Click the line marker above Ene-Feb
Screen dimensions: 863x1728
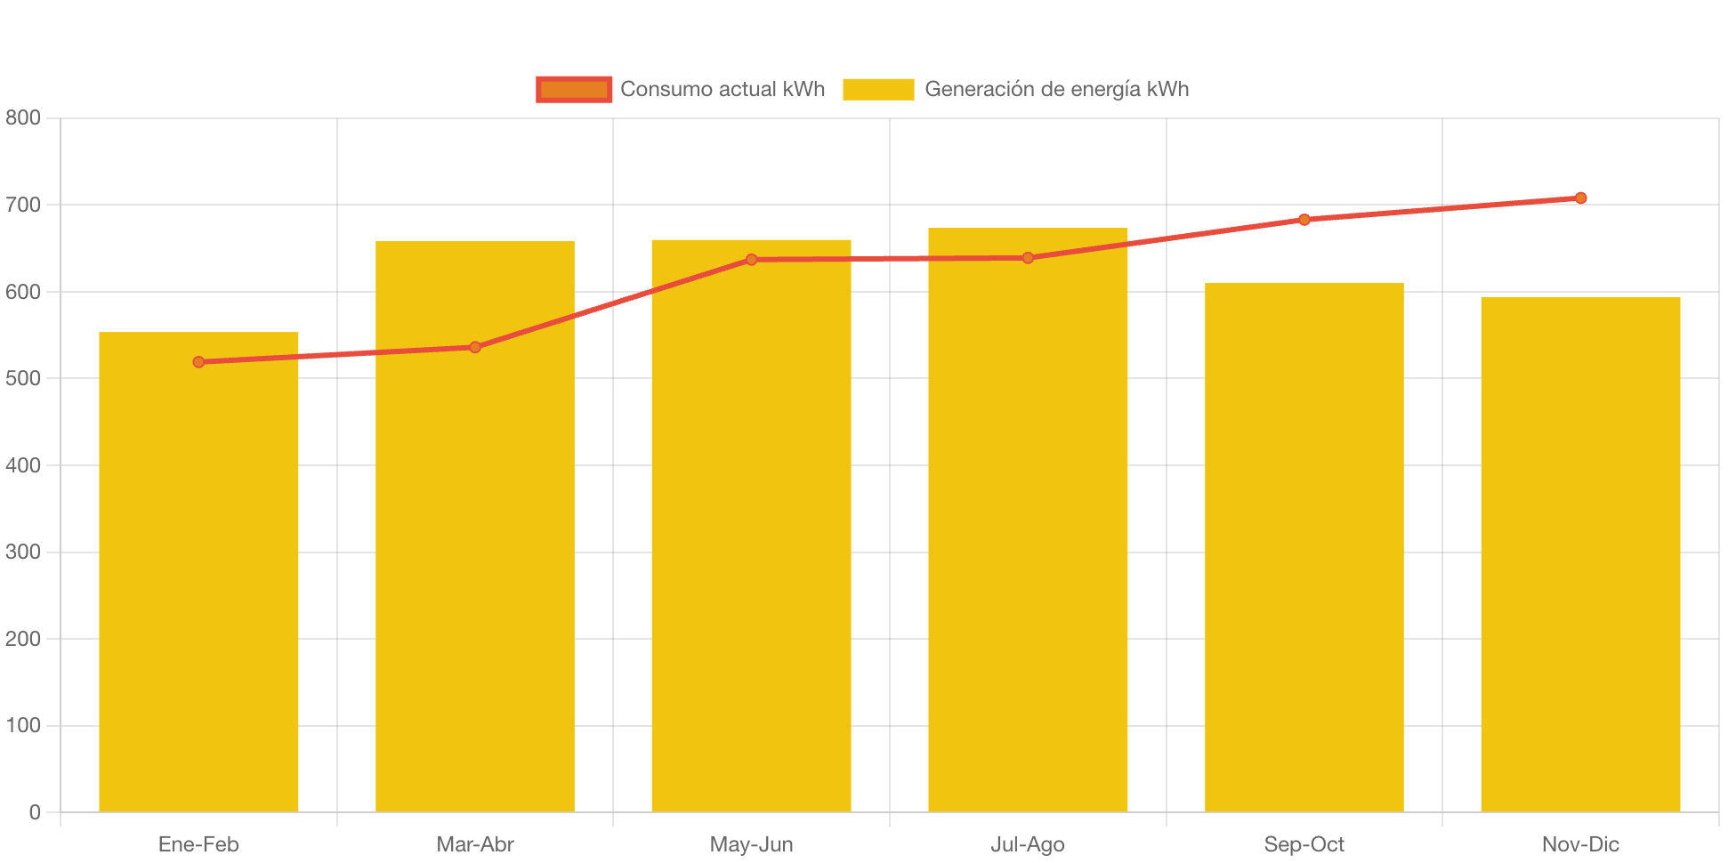[x=198, y=362]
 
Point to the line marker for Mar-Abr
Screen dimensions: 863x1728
[x=475, y=347]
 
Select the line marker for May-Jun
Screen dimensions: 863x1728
[x=752, y=260]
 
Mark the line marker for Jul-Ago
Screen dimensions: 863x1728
[x=1028, y=258]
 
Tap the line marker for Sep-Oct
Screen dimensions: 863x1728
[x=1304, y=220]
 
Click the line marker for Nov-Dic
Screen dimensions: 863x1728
[x=1580, y=198]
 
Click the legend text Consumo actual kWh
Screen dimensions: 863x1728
[x=723, y=89]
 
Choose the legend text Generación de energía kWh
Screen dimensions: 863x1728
[x=1056, y=89]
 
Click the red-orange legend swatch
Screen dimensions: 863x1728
[x=574, y=89]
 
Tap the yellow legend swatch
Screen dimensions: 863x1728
[x=878, y=89]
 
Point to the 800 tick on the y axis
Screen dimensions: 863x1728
[x=23, y=117]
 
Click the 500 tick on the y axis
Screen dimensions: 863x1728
[x=23, y=378]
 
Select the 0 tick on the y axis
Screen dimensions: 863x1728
[x=35, y=812]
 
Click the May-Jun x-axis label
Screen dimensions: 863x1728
[x=752, y=844]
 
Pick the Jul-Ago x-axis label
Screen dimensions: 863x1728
[x=1028, y=844]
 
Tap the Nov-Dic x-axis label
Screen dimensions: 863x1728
[x=1580, y=844]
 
